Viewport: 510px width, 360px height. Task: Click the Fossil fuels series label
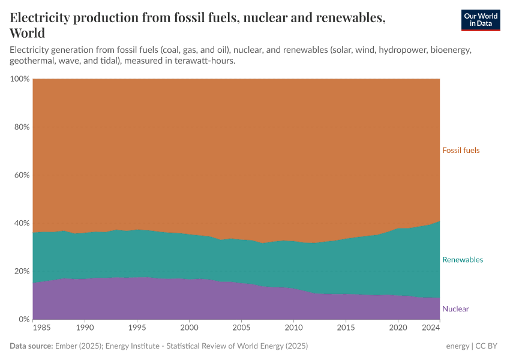click(x=461, y=151)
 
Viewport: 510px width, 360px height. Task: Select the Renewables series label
click(x=462, y=260)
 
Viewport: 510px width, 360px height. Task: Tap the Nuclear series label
click(x=455, y=309)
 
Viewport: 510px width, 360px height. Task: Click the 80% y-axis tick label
click(x=20, y=127)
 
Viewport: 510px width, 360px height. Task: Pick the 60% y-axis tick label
click(x=20, y=175)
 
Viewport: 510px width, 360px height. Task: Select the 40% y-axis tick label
click(x=20, y=223)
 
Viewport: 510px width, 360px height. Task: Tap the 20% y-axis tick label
click(x=20, y=271)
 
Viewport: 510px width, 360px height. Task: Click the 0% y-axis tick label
click(x=22, y=319)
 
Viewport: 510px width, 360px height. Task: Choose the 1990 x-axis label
click(x=85, y=328)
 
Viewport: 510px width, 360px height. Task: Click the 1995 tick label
click(x=137, y=328)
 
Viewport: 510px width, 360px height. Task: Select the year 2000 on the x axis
click(x=189, y=328)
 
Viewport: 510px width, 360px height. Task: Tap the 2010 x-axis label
click(x=293, y=328)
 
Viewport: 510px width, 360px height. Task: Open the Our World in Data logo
click(x=480, y=20)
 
